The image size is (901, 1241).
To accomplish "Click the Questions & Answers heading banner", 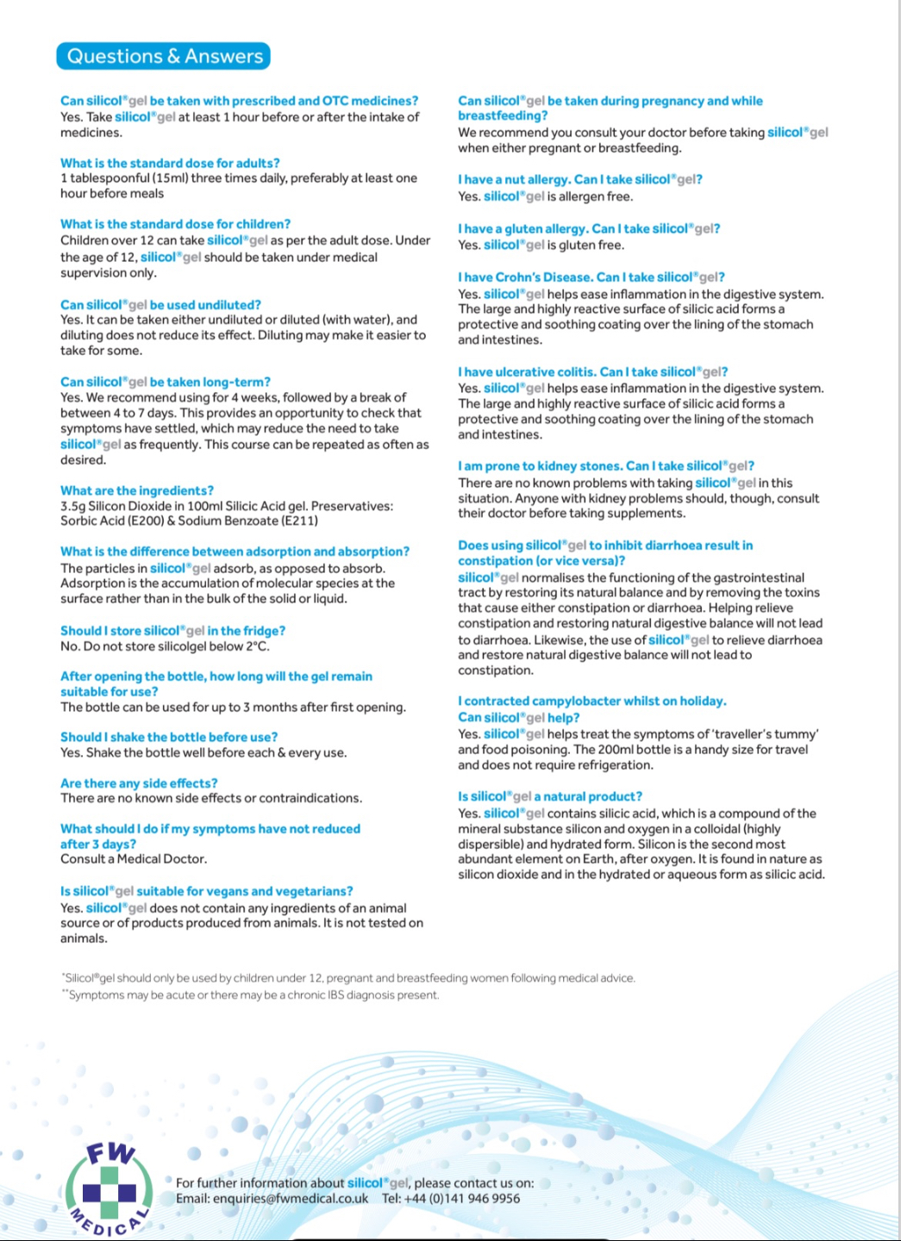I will coord(164,56).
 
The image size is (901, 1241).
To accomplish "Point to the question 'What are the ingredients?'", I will coord(137,490).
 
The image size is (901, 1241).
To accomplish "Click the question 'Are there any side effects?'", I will coord(139,783).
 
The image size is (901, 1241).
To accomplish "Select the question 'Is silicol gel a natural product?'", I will coord(550,796).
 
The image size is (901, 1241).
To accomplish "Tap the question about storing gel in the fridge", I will coord(172,631).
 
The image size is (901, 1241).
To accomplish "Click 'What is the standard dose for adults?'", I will coord(170,163).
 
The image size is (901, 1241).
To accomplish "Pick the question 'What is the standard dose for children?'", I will coord(175,224).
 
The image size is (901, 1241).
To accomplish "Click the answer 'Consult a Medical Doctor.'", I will coord(134,859).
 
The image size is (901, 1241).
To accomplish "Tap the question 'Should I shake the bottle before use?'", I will coord(169,737).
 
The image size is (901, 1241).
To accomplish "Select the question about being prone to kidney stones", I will coord(606,466).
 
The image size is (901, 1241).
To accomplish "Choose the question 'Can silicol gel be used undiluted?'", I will coord(160,305).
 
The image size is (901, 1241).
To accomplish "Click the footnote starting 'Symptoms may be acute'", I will coord(252,995).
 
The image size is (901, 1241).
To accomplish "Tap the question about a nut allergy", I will coord(580,179).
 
